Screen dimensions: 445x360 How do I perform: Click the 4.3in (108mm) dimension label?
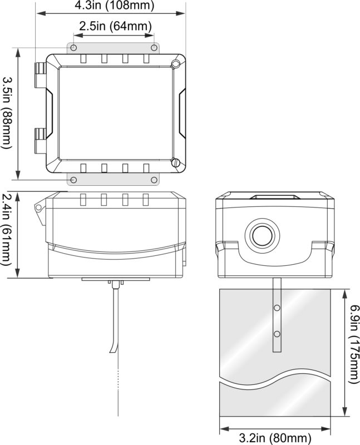[110, 6]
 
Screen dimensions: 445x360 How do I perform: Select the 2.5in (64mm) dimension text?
[115, 26]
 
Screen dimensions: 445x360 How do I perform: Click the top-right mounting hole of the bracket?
[153, 48]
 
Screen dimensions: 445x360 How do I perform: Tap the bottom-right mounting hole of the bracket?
[153, 179]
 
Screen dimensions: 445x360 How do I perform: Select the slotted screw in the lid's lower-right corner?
[176, 163]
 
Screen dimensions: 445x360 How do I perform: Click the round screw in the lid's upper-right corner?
[176, 63]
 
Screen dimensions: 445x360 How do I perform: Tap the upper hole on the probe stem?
[277, 307]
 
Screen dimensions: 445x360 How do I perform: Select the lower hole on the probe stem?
[277, 334]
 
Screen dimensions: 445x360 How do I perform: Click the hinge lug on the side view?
[38, 207]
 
